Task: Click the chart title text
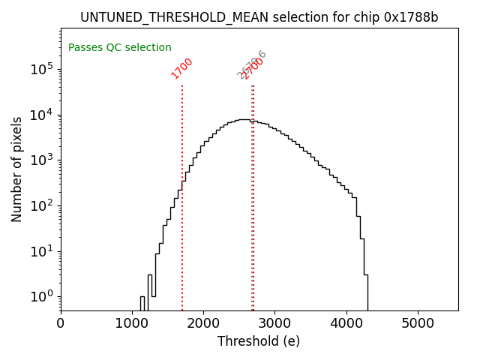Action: (x=259, y=17)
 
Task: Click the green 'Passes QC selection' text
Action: (x=120, y=48)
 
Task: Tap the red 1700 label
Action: (x=182, y=67)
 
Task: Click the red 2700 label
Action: (x=254, y=69)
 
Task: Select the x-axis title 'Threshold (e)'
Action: (x=259, y=341)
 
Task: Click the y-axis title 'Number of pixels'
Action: (x=17, y=169)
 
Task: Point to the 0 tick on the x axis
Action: (x=61, y=323)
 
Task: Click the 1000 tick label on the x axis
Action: (x=132, y=323)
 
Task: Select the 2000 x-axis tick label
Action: (x=203, y=323)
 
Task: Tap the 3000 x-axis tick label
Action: (x=274, y=323)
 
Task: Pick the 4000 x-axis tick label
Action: (x=346, y=323)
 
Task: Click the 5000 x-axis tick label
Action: (x=417, y=323)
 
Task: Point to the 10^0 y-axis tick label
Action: (x=40, y=297)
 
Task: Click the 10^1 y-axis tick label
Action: (x=40, y=251)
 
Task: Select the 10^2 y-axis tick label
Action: (x=40, y=205)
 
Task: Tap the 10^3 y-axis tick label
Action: (x=40, y=160)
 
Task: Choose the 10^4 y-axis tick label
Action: (x=40, y=115)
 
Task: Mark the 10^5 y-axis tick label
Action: (x=40, y=69)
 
